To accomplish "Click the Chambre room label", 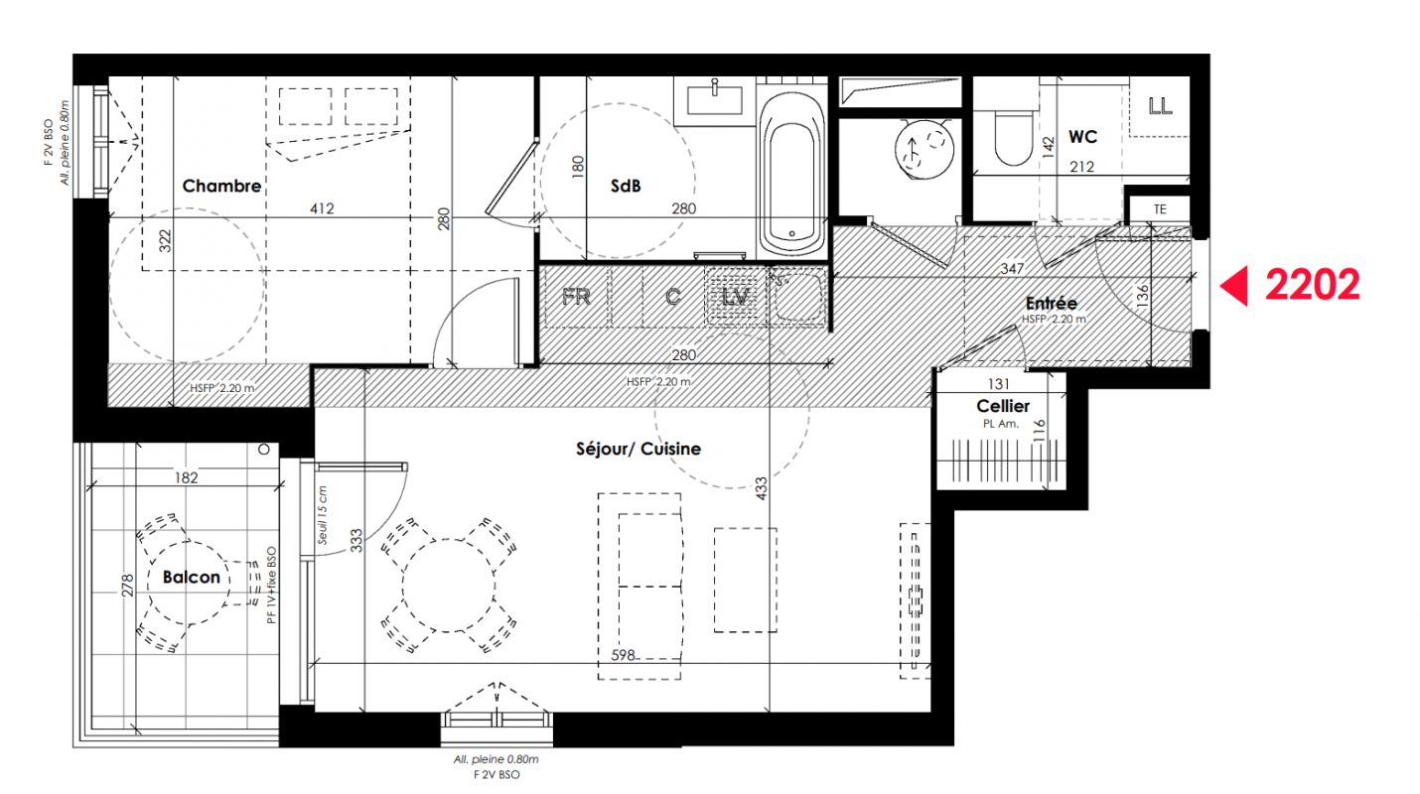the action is (x=221, y=186).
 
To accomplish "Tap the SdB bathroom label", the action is (x=625, y=186).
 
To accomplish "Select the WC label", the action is (x=1082, y=137).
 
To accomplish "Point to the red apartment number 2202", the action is (x=1312, y=285).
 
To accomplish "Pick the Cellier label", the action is (x=1003, y=406).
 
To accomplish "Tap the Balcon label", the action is (x=191, y=577).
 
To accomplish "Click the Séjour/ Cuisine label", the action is (x=639, y=449).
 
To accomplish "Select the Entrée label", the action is (x=1051, y=303).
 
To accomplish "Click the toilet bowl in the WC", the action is (x=1014, y=138).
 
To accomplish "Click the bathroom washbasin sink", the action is (x=714, y=100).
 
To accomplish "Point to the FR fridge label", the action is (x=576, y=297).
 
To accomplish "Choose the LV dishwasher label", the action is (x=736, y=297).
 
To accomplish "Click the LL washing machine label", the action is (x=1160, y=106).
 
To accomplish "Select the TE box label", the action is (x=1160, y=209).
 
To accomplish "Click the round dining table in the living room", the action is (x=449, y=586).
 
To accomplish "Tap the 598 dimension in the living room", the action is (x=623, y=655).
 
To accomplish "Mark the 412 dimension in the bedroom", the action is (x=322, y=208).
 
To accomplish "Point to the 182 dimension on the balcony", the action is (x=187, y=477).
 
